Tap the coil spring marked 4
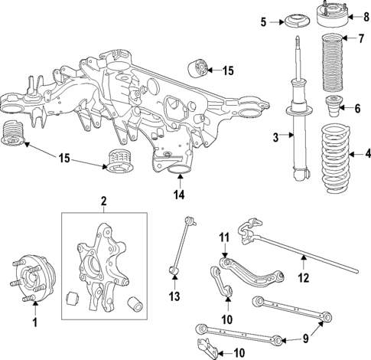point(331,155)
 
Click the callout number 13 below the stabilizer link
point(174,296)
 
